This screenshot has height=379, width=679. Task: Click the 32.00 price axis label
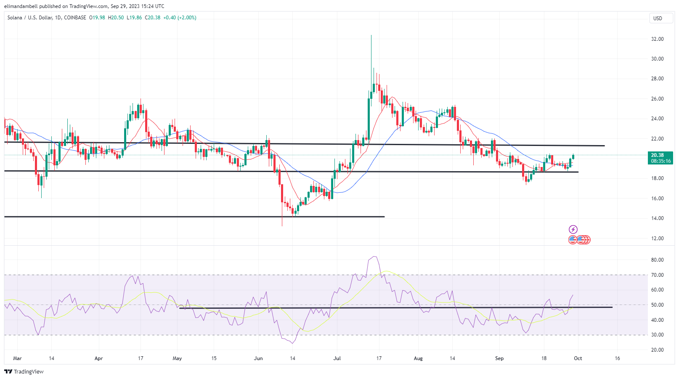657,39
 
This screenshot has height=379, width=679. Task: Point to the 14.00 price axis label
657,218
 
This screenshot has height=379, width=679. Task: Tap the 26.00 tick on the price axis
657,99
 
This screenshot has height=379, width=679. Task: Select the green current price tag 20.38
660,155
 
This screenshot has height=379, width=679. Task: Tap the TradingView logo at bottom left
24,371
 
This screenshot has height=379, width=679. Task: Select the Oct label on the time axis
578,358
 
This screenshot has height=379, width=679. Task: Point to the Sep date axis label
499,358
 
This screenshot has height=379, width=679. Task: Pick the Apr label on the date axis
98,358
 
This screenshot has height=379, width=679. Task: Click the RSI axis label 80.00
657,260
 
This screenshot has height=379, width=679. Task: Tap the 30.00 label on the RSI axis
657,335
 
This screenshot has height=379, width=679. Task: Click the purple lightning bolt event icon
573,229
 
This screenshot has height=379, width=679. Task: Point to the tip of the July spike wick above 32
371,35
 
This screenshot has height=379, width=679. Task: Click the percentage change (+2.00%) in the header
187,18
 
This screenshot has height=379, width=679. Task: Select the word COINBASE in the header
75,18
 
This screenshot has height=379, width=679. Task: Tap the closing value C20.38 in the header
152,18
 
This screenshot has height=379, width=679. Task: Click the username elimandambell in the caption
21,6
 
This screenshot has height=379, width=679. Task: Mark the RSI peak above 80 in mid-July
374,257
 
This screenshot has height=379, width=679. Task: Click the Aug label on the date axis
418,358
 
